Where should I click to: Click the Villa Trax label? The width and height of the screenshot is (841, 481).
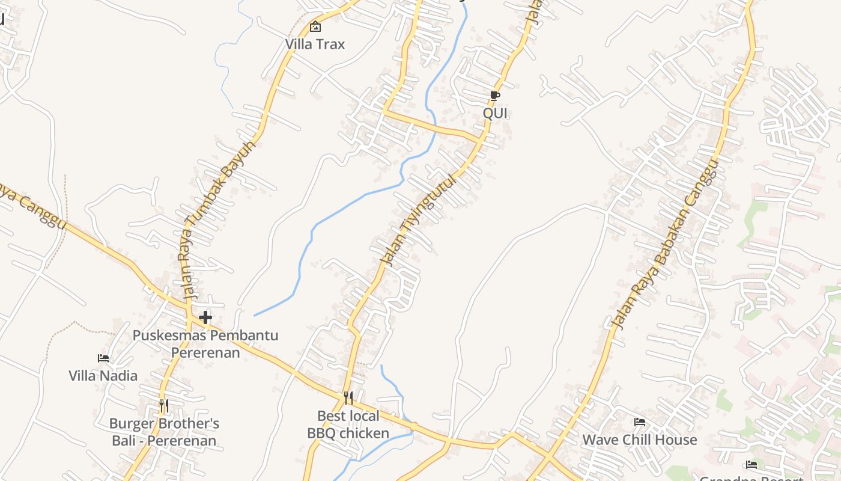coord(315,44)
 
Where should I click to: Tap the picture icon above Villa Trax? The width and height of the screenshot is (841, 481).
coord(315,26)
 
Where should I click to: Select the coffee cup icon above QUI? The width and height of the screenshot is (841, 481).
coord(494,96)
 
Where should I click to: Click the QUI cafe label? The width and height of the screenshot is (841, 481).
coord(496,113)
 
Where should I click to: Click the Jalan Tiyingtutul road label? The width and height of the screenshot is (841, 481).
coord(419,221)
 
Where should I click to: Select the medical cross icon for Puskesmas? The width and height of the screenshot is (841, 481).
coord(205,317)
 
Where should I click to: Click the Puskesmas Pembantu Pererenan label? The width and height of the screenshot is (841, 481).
coord(205,343)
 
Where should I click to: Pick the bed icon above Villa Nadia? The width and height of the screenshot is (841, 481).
coord(103,358)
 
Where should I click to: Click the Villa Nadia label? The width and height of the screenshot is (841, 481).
coord(103,376)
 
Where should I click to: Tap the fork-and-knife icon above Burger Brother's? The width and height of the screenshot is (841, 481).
coord(163,406)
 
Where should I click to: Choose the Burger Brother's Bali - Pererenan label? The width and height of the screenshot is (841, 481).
coord(164,432)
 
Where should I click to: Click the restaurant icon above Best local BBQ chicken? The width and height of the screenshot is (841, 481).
coord(348,397)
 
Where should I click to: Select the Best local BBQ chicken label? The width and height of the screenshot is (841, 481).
coord(348,424)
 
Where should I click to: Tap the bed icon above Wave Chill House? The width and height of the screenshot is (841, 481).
coord(640,422)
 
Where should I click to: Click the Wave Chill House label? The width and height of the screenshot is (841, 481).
coord(640,440)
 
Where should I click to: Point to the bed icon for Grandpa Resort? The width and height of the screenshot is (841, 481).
coord(751,464)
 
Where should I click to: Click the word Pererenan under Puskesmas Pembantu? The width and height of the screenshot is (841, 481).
coord(205,352)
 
